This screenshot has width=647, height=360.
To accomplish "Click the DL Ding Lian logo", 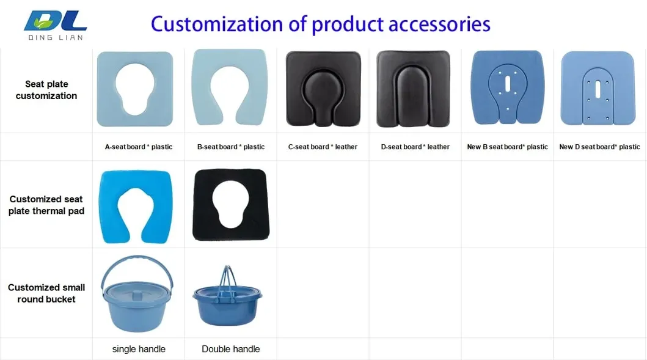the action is coord(56,25).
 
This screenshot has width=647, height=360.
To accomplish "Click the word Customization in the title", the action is coord(217,24).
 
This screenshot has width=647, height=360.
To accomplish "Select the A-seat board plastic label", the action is coord(139,147).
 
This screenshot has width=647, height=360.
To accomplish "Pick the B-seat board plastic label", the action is coord(231,147).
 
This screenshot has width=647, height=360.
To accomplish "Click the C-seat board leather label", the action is coord(323,147).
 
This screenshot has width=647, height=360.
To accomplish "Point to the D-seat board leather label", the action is coord(415,147).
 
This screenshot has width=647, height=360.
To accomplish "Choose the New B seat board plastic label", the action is coord(507,147).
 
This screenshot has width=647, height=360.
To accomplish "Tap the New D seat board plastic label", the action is coord(599,147).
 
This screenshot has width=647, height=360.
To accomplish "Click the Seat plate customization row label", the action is coord(46,90).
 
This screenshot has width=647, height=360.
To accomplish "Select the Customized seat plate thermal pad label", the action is coord(46,205).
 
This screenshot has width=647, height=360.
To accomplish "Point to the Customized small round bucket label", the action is coord(46,293).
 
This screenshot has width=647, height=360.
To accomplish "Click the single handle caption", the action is coord(139,349).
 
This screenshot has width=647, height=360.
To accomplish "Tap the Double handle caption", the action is coord(231,349).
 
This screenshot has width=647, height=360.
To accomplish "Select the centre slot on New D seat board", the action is coord(598,89).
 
